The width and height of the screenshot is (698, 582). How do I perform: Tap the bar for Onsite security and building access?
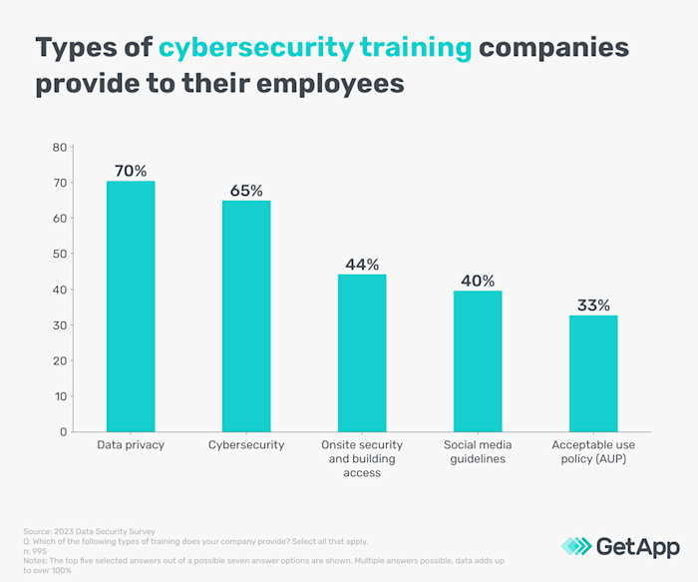pyautogui.click(x=362, y=353)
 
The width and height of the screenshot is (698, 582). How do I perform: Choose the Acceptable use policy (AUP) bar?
pyautogui.click(x=593, y=373)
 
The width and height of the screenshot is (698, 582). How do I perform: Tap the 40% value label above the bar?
pyautogui.click(x=478, y=280)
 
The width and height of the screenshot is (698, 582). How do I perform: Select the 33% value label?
pyautogui.click(x=593, y=303)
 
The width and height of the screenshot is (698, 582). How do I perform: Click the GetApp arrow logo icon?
pyautogui.click(x=576, y=545)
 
